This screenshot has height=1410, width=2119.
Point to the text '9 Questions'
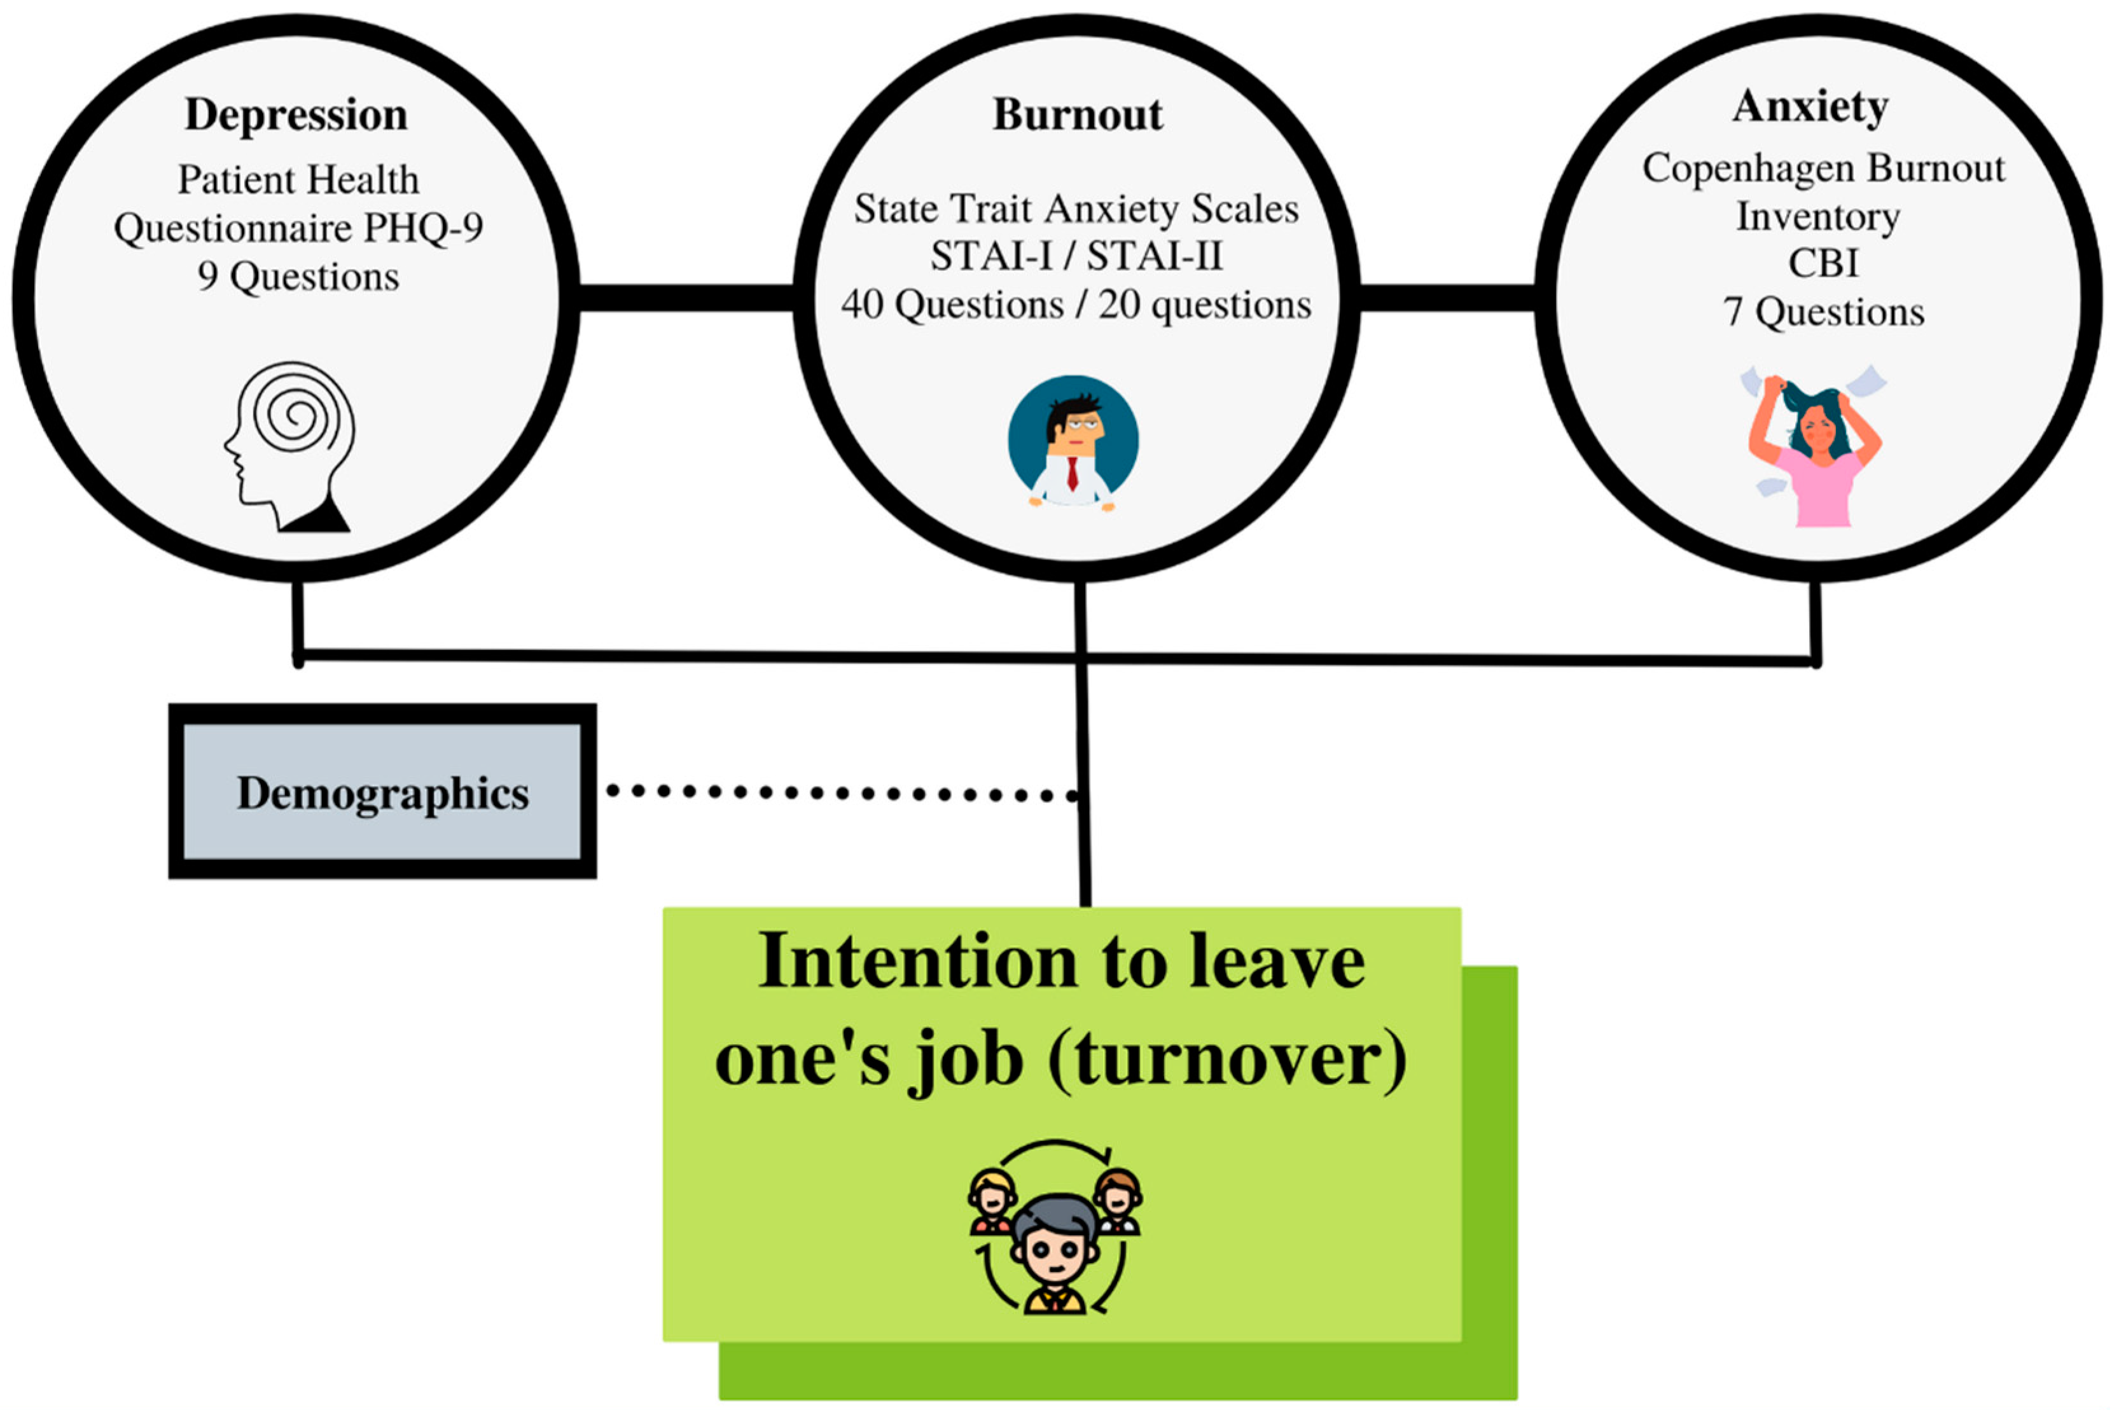(298, 276)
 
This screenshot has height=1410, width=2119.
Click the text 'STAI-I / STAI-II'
(1076, 256)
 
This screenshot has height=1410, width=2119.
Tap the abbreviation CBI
(1822, 263)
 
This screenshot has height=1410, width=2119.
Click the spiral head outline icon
(289, 445)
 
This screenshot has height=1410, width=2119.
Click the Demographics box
(382, 791)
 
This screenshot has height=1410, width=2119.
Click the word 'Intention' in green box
(917, 962)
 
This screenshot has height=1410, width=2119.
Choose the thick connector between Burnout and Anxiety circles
(1446, 298)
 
